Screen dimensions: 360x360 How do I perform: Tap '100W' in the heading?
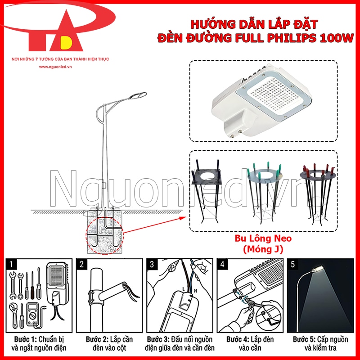pos(336,38)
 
